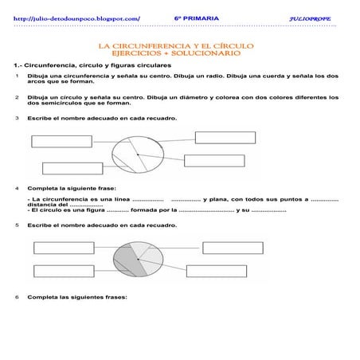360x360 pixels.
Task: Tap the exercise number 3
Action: click(x=17, y=118)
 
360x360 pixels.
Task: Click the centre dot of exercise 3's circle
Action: click(x=138, y=154)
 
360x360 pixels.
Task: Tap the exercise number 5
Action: click(x=17, y=225)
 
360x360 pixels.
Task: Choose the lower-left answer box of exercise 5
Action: click(x=64, y=269)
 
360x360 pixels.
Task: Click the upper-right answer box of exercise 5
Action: click(x=233, y=246)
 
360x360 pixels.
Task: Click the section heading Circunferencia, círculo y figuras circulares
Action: click(x=96, y=64)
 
